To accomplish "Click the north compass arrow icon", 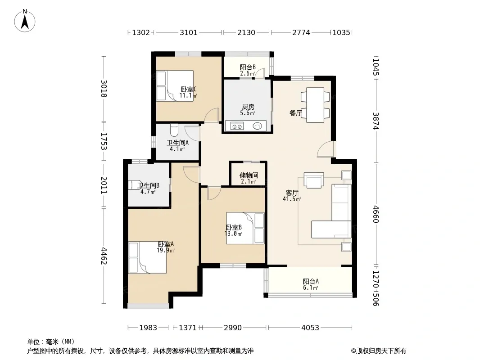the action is (25, 21).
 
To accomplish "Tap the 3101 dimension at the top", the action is (189, 32).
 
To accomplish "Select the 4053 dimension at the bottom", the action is (310, 328).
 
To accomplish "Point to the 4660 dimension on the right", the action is (376, 214).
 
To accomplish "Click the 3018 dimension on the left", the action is (104, 89).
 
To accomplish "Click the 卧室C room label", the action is (188, 89).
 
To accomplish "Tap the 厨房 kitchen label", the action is (248, 107).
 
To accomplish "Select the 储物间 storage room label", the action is (249, 175).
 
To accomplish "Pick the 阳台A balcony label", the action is (311, 281).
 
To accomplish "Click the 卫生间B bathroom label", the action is (148, 186).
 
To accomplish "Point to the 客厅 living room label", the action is (292, 193).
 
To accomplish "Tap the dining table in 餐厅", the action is (315, 105).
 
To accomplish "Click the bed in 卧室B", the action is (245, 228).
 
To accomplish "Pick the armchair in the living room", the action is (314, 180).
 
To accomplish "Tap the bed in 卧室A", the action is (147, 257).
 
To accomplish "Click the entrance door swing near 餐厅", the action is (326, 149).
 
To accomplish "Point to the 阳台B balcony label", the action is (248, 67).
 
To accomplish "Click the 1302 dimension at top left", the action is (141, 32).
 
